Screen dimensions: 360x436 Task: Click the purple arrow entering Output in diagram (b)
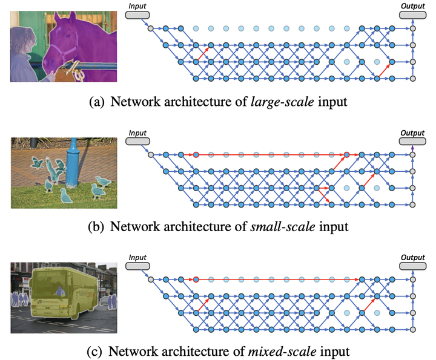pyautogui.click(x=412, y=149)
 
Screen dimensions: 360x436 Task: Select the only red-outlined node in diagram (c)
pyautogui.click(x=196, y=280)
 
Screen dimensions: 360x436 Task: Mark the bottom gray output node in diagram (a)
pyautogui.click(x=412, y=79)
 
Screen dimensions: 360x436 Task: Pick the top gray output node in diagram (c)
pyautogui.click(x=412, y=280)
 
